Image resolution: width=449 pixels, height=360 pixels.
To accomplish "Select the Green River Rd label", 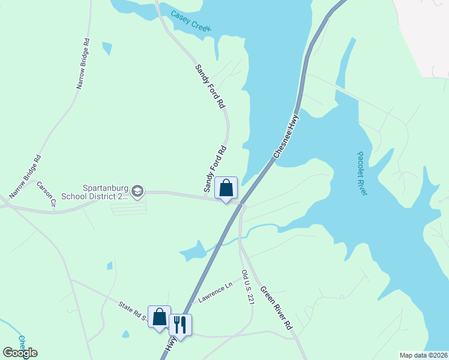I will [x=276, y=308].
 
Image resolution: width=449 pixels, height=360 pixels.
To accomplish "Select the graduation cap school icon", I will [x=138, y=191].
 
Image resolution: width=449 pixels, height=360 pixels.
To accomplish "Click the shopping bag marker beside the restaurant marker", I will [x=160, y=317].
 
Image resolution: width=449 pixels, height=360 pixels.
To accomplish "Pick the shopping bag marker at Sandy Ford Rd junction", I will [x=226, y=188].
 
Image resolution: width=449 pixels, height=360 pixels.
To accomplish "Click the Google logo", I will [x=20, y=352].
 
